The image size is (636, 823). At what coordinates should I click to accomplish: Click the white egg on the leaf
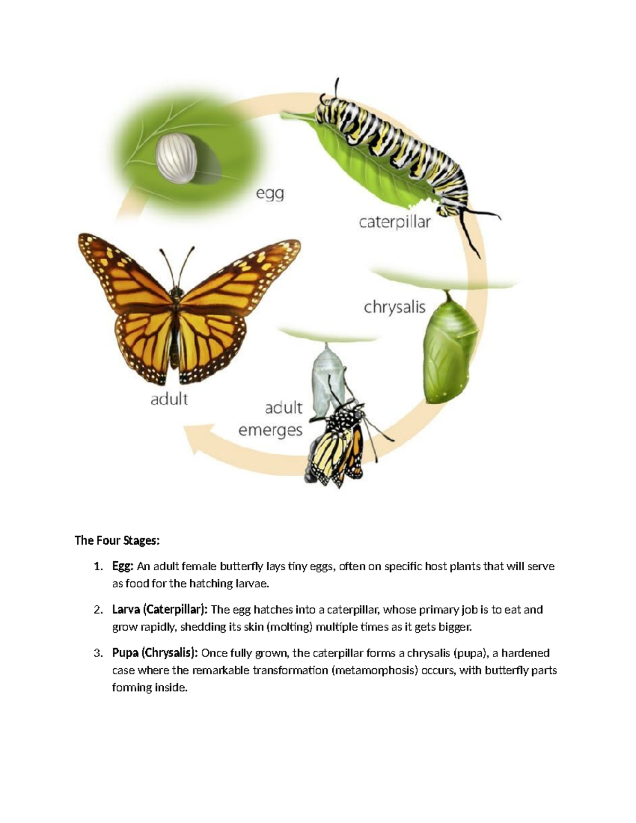click(x=176, y=157)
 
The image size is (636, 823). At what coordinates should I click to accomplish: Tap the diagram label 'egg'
click(x=270, y=193)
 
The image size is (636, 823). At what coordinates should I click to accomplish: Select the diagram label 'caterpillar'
click(x=395, y=222)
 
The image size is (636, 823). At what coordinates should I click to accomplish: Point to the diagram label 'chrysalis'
click(x=394, y=307)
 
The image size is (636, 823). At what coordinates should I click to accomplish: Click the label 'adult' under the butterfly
click(x=169, y=399)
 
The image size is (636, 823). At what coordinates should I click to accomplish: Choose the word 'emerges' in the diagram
click(x=270, y=430)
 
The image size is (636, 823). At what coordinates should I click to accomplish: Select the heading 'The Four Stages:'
click(x=117, y=541)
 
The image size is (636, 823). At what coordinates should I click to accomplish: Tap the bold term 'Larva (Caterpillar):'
click(x=160, y=610)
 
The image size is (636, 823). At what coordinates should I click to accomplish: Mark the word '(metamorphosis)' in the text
click(x=374, y=671)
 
